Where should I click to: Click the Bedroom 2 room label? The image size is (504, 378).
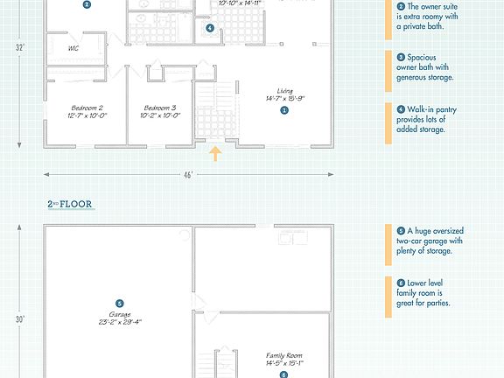tap(88, 108)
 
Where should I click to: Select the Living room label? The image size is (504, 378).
tap(284, 91)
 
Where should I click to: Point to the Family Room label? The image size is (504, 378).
tap(283, 355)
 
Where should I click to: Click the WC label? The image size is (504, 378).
tap(73, 48)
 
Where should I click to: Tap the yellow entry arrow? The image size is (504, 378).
tap(214, 155)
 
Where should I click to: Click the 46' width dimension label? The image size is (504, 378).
tap(188, 174)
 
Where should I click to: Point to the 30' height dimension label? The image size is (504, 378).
tap(19, 319)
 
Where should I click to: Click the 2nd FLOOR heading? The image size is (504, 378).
tap(70, 205)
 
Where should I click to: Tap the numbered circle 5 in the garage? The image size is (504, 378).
tap(120, 303)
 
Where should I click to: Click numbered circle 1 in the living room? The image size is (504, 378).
tap(284, 110)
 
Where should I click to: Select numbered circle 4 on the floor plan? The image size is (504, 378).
tap(210, 28)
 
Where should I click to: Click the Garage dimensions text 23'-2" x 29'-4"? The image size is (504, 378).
tap(120, 322)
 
